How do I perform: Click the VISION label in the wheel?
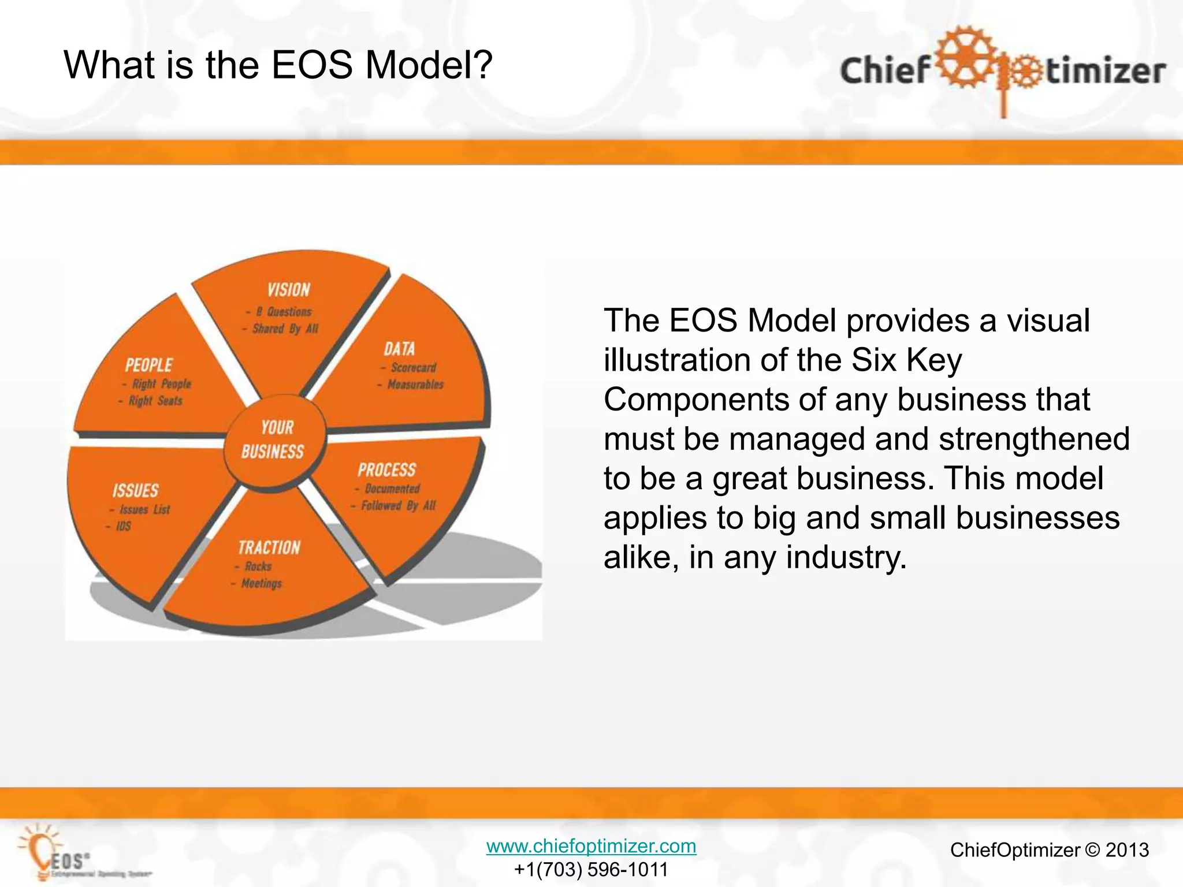(288, 290)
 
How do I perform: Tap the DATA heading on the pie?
(399, 349)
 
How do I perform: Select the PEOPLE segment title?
(148, 365)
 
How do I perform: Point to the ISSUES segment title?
(135, 491)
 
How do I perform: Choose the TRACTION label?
(269, 547)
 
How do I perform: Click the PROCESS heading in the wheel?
(386, 470)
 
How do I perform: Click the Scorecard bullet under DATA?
(413, 368)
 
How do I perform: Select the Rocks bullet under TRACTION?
(258, 567)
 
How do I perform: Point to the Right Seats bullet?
(155, 401)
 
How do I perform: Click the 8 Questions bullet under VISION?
(283, 312)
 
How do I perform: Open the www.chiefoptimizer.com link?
(591, 846)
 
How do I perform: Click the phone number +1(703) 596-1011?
(591, 869)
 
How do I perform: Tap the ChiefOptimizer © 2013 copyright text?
(1049, 850)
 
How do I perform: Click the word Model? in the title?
(429, 65)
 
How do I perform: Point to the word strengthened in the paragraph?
(1033, 439)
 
